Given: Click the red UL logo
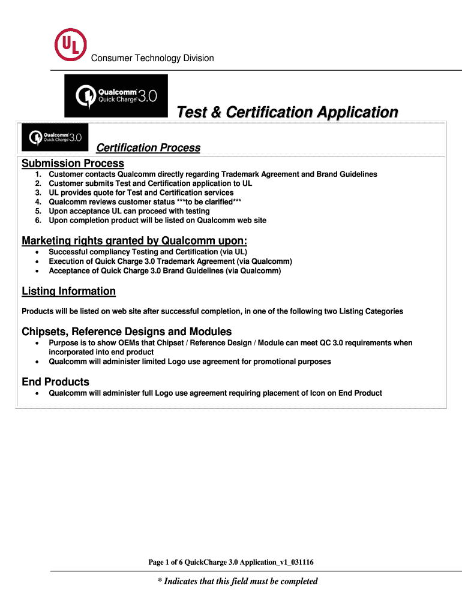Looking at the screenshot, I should click(x=70, y=44).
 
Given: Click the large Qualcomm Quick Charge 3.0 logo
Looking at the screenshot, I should click(x=116, y=96).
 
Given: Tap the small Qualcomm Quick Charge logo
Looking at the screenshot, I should click(x=55, y=137).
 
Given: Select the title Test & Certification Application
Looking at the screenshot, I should click(x=286, y=112).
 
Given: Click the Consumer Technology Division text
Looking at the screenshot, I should click(x=152, y=58).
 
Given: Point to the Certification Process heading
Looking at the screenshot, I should click(x=148, y=148).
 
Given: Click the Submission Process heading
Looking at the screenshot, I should click(x=73, y=163).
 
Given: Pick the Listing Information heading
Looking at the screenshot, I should click(x=68, y=291).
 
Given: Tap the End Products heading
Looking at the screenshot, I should click(x=55, y=382).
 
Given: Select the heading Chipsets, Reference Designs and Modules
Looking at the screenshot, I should click(x=127, y=332).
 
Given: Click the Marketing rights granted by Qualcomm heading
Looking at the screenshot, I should click(x=134, y=240).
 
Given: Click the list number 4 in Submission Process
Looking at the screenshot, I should click(x=37, y=201).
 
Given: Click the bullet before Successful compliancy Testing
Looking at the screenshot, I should click(x=37, y=252).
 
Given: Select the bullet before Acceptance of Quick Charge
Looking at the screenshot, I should click(x=37, y=271).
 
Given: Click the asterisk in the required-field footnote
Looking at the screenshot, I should click(x=160, y=581).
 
